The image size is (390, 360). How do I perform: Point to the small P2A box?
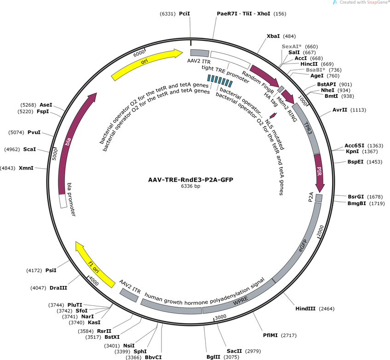[319, 198]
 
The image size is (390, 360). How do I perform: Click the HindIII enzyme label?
[305, 309]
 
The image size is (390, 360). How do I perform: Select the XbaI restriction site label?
[273, 36]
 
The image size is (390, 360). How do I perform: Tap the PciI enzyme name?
[184, 14]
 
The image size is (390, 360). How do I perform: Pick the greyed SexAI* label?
[292, 46]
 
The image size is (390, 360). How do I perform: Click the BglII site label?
[213, 357]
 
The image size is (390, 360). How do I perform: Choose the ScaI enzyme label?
[29, 149]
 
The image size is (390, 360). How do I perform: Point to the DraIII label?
[58, 288]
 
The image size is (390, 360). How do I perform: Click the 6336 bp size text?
[190, 186]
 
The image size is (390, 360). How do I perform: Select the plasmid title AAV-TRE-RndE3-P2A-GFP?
[190, 179]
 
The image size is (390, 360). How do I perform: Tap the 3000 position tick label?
[221, 317]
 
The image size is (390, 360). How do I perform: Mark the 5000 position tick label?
[55, 154]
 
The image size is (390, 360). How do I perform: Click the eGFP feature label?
[303, 246]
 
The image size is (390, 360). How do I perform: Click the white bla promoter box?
[63, 201]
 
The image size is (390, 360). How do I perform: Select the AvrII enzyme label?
[340, 110]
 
